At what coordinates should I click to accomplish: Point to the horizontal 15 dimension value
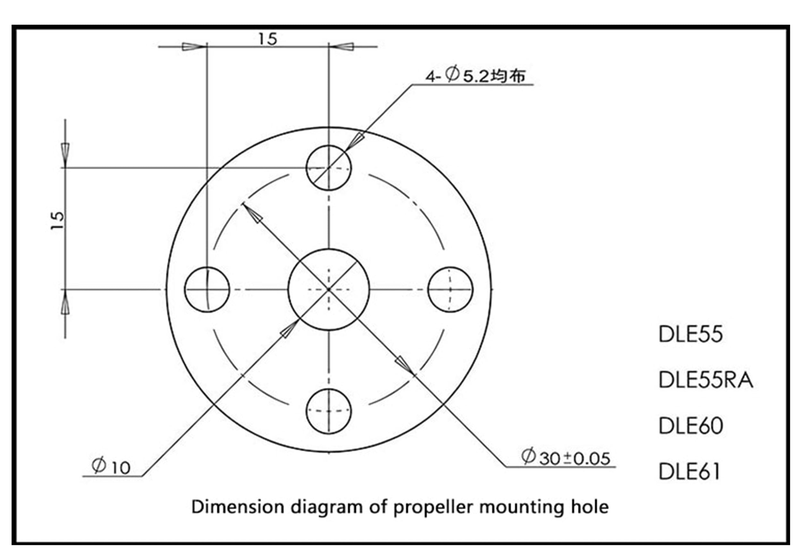tap(268, 39)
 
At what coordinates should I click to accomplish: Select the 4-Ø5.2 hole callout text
tap(475, 75)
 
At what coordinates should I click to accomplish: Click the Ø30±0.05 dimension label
tap(566, 457)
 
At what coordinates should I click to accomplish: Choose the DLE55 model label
tap(690, 334)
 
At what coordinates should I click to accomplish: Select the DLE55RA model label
tap(706, 380)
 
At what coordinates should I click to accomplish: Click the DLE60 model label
tap(691, 426)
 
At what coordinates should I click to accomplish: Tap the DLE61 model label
tap(689, 471)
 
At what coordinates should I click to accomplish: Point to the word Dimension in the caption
tap(237, 506)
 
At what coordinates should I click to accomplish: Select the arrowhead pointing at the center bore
tap(288, 329)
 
